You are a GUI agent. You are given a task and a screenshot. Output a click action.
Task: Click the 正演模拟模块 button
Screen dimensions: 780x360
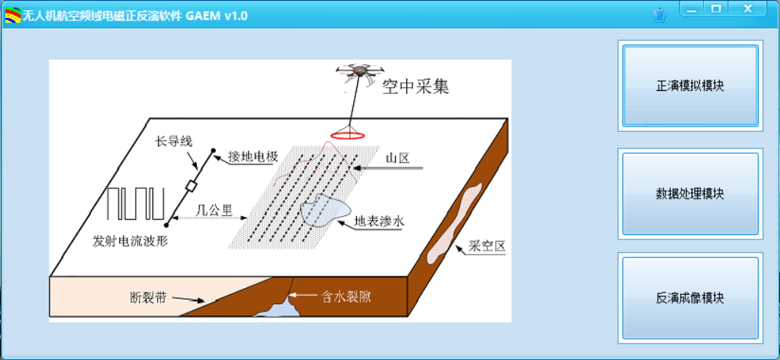click(690, 86)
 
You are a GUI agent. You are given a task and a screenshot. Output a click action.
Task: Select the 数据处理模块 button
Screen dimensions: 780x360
click(690, 193)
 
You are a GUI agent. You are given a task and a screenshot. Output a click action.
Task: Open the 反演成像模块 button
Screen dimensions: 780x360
click(690, 298)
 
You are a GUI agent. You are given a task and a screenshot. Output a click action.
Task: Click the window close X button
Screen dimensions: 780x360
click(747, 8)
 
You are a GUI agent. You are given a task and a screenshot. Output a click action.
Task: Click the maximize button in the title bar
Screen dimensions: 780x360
click(716, 8)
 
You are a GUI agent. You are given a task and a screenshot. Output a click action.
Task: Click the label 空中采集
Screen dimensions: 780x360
click(416, 86)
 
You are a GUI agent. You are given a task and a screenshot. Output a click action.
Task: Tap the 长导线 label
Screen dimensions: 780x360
click(174, 142)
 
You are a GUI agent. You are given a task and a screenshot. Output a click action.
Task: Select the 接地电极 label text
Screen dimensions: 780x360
click(252, 156)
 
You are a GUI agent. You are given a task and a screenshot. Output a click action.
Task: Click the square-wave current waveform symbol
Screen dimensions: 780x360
click(135, 204)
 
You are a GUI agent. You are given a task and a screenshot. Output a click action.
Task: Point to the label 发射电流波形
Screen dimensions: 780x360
click(130, 242)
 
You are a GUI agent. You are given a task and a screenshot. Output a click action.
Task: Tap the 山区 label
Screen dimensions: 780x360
click(397, 158)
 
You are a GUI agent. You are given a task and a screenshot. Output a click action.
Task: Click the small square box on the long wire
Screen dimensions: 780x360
click(191, 186)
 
